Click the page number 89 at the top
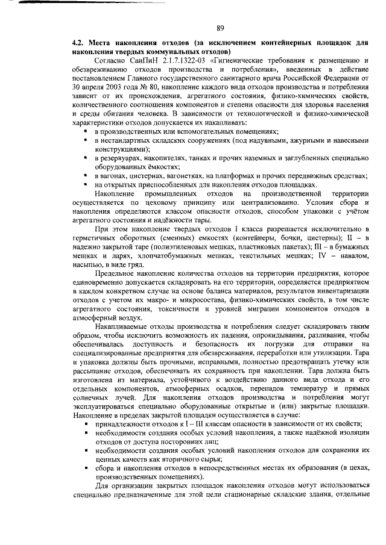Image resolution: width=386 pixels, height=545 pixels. [x=220, y=27]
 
